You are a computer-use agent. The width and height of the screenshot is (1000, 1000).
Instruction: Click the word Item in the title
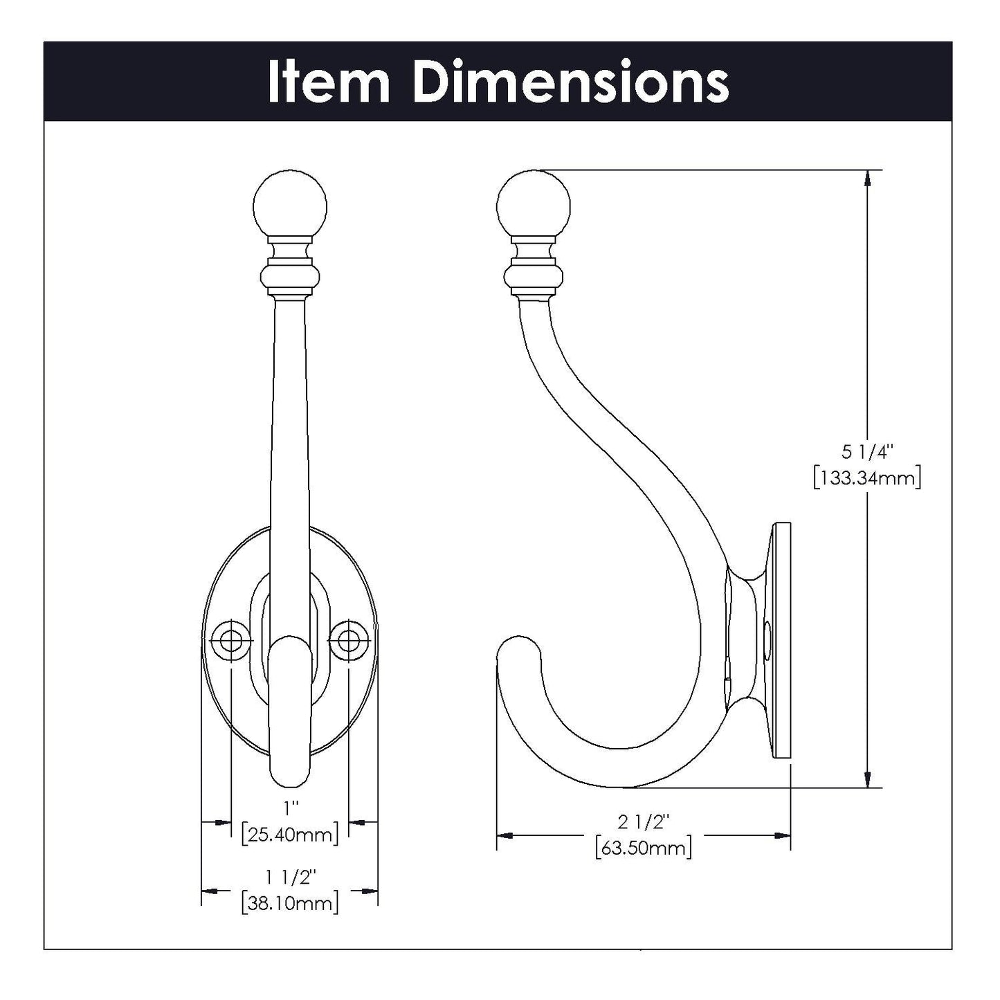click(x=328, y=82)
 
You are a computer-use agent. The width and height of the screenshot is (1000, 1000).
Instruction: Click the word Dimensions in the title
click(x=570, y=82)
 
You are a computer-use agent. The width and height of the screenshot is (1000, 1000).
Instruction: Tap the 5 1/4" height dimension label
click(x=867, y=453)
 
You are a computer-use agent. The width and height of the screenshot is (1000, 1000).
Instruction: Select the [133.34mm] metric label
click(x=867, y=478)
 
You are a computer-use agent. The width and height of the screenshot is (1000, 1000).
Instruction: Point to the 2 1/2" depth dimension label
click(x=644, y=821)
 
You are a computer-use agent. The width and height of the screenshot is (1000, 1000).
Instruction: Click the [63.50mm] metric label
click(x=644, y=848)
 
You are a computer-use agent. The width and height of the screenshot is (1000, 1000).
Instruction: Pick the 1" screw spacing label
click(x=290, y=808)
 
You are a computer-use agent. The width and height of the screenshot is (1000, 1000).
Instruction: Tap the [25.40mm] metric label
click(x=290, y=834)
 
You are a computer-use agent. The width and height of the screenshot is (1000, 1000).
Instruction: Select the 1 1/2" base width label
click(x=290, y=877)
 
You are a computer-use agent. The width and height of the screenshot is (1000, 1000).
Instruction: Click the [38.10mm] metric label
click(x=290, y=903)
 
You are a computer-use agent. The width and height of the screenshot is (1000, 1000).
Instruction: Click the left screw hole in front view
click(x=230, y=640)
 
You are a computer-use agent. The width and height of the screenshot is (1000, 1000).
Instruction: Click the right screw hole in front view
click(x=349, y=640)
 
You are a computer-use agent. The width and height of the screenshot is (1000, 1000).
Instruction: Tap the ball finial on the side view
click(x=534, y=203)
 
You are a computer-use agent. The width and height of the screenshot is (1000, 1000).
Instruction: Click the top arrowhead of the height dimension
click(x=867, y=179)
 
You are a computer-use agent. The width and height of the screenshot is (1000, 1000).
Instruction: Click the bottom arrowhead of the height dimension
click(x=867, y=779)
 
